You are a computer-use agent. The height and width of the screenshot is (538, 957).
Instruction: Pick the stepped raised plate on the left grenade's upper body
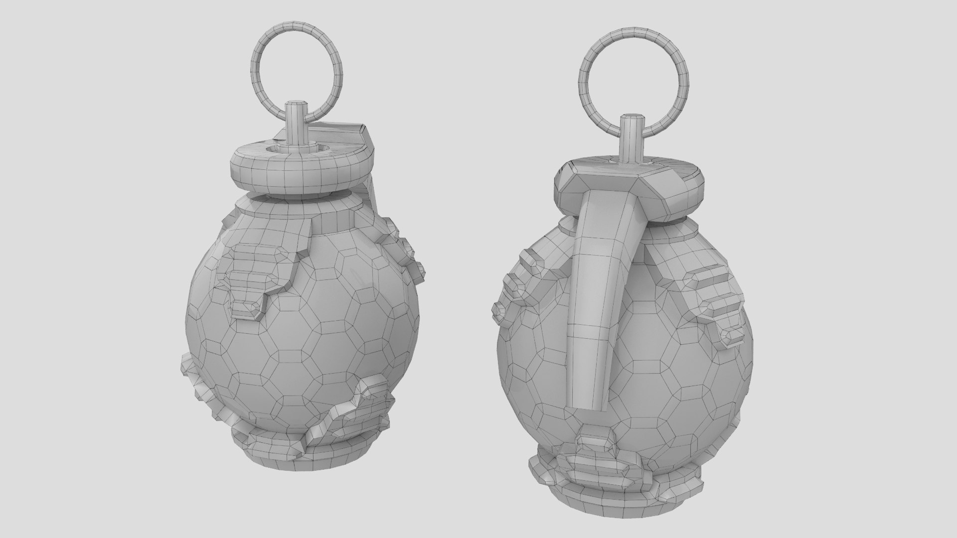[x=259, y=274]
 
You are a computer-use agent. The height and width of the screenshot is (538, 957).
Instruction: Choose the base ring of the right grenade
[x=618, y=486]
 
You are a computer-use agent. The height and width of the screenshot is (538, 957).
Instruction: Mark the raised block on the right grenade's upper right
[x=718, y=304]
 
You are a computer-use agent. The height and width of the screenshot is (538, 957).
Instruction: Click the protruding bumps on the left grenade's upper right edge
[x=409, y=249]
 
